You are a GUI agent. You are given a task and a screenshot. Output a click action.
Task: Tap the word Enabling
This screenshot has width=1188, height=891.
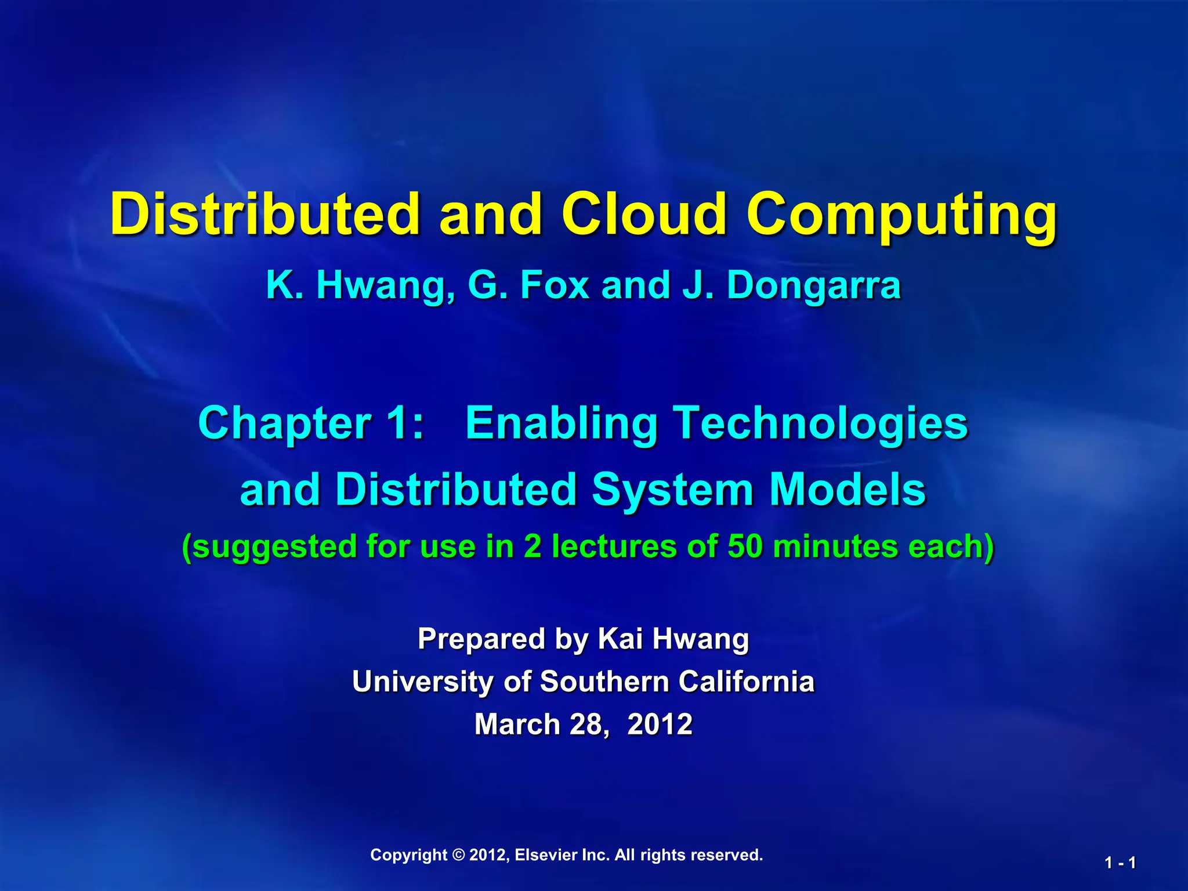(x=561, y=424)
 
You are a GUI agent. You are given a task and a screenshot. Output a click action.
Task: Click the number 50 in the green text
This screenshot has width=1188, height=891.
(x=745, y=546)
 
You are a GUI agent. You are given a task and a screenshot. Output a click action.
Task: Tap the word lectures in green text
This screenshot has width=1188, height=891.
(x=614, y=546)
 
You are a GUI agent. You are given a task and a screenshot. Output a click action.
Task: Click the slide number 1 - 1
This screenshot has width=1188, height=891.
(x=1120, y=863)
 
